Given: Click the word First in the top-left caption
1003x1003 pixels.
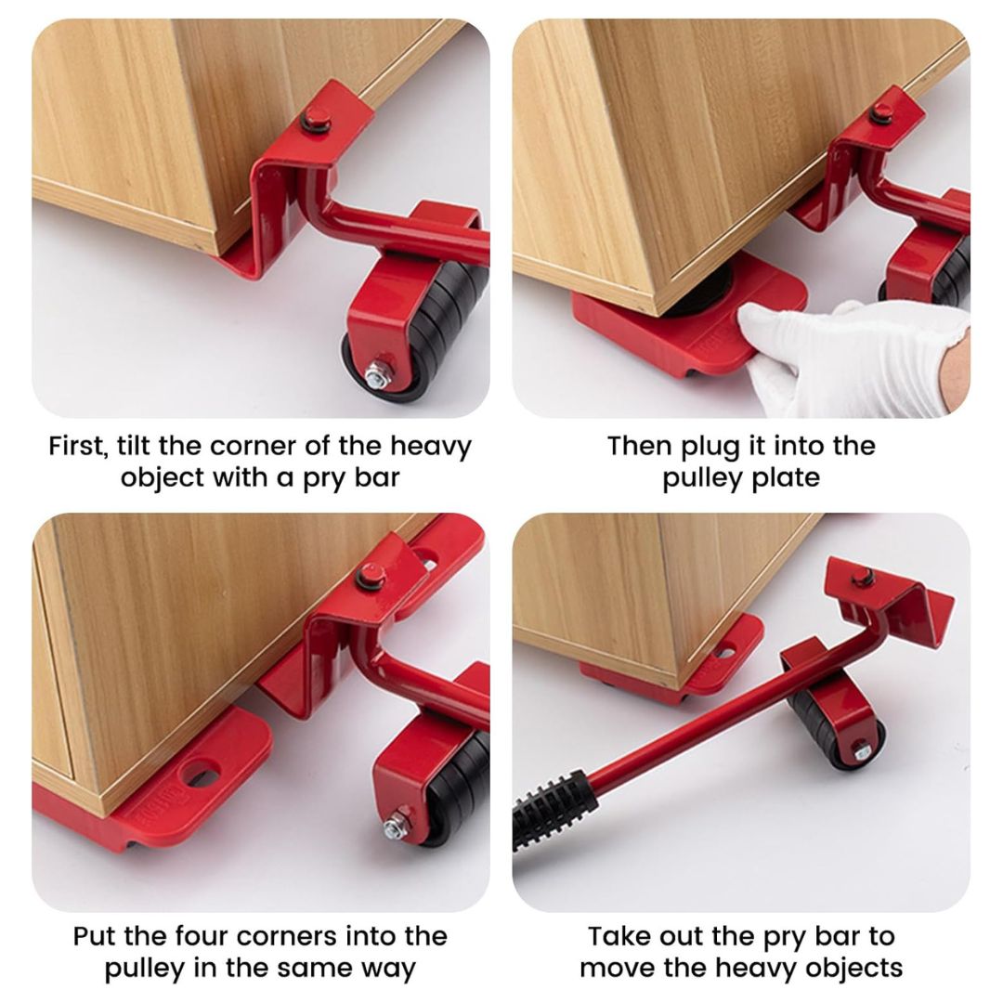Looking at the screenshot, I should [x=78, y=446].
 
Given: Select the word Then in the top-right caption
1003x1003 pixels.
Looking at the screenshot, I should [x=641, y=446].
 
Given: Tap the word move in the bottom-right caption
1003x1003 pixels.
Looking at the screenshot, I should [x=617, y=968].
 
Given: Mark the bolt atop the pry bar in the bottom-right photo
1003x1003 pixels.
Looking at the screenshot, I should [x=864, y=578].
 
